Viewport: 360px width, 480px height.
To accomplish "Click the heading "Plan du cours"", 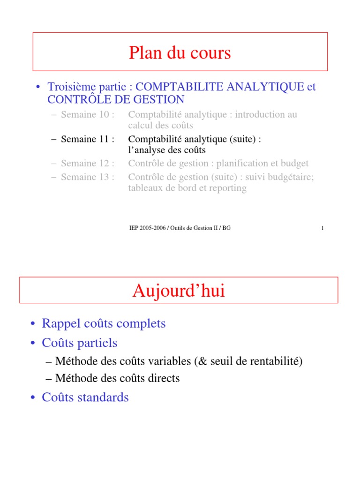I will coord(180,53).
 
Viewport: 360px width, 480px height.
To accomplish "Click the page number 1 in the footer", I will coord(323,228).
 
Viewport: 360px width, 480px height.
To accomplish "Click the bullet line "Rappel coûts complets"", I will coord(104,323).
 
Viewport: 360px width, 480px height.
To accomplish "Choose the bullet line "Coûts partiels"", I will coord(80,343).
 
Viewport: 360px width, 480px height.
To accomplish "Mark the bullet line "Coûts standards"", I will coord(85,397).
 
